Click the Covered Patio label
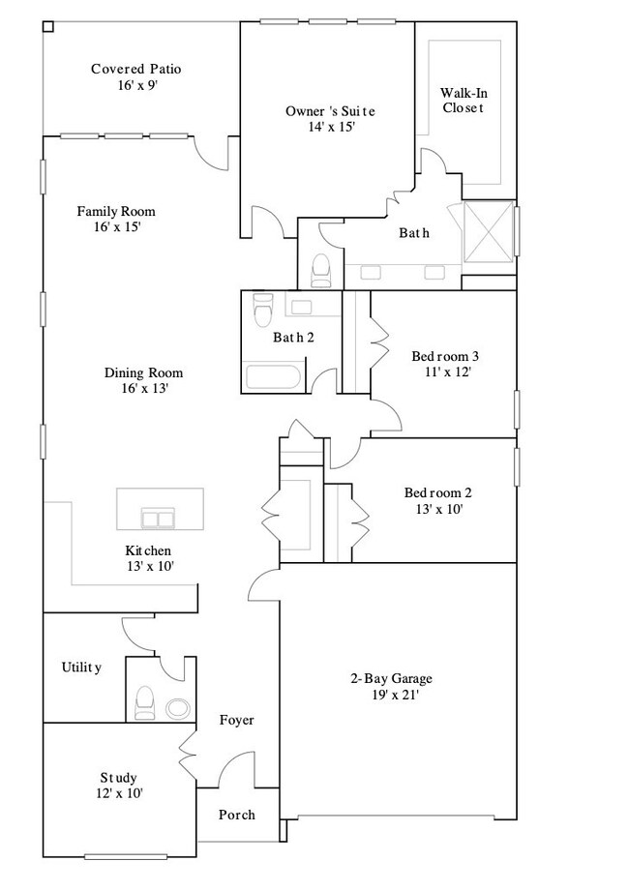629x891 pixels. pyautogui.click(x=136, y=69)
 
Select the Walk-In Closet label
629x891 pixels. pyautogui.click(x=463, y=101)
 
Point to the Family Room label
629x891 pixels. pyautogui.click(x=116, y=211)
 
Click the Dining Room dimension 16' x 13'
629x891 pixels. pyautogui.click(x=144, y=388)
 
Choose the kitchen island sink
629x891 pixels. pyautogui.click(x=156, y=519)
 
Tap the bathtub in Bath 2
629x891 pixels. pyautogui.click(x=274, y=377)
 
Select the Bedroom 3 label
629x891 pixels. pyautogui.click(x=446, y=355)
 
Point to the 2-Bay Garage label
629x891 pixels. pyautogui.click(x=391, y=678)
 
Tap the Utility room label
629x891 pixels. pyautogui.click(x=81, y=668)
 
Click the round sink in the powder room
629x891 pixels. pyautogui.click(x=179, y=707)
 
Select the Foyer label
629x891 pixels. pyautogui.click(x=236, y=720)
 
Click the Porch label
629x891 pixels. pyautogui.click(x=236, y=815)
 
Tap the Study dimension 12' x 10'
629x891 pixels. pyautogui.click(x=119, y=793)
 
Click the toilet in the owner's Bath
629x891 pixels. pyautogui.click(x=321, y=271)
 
